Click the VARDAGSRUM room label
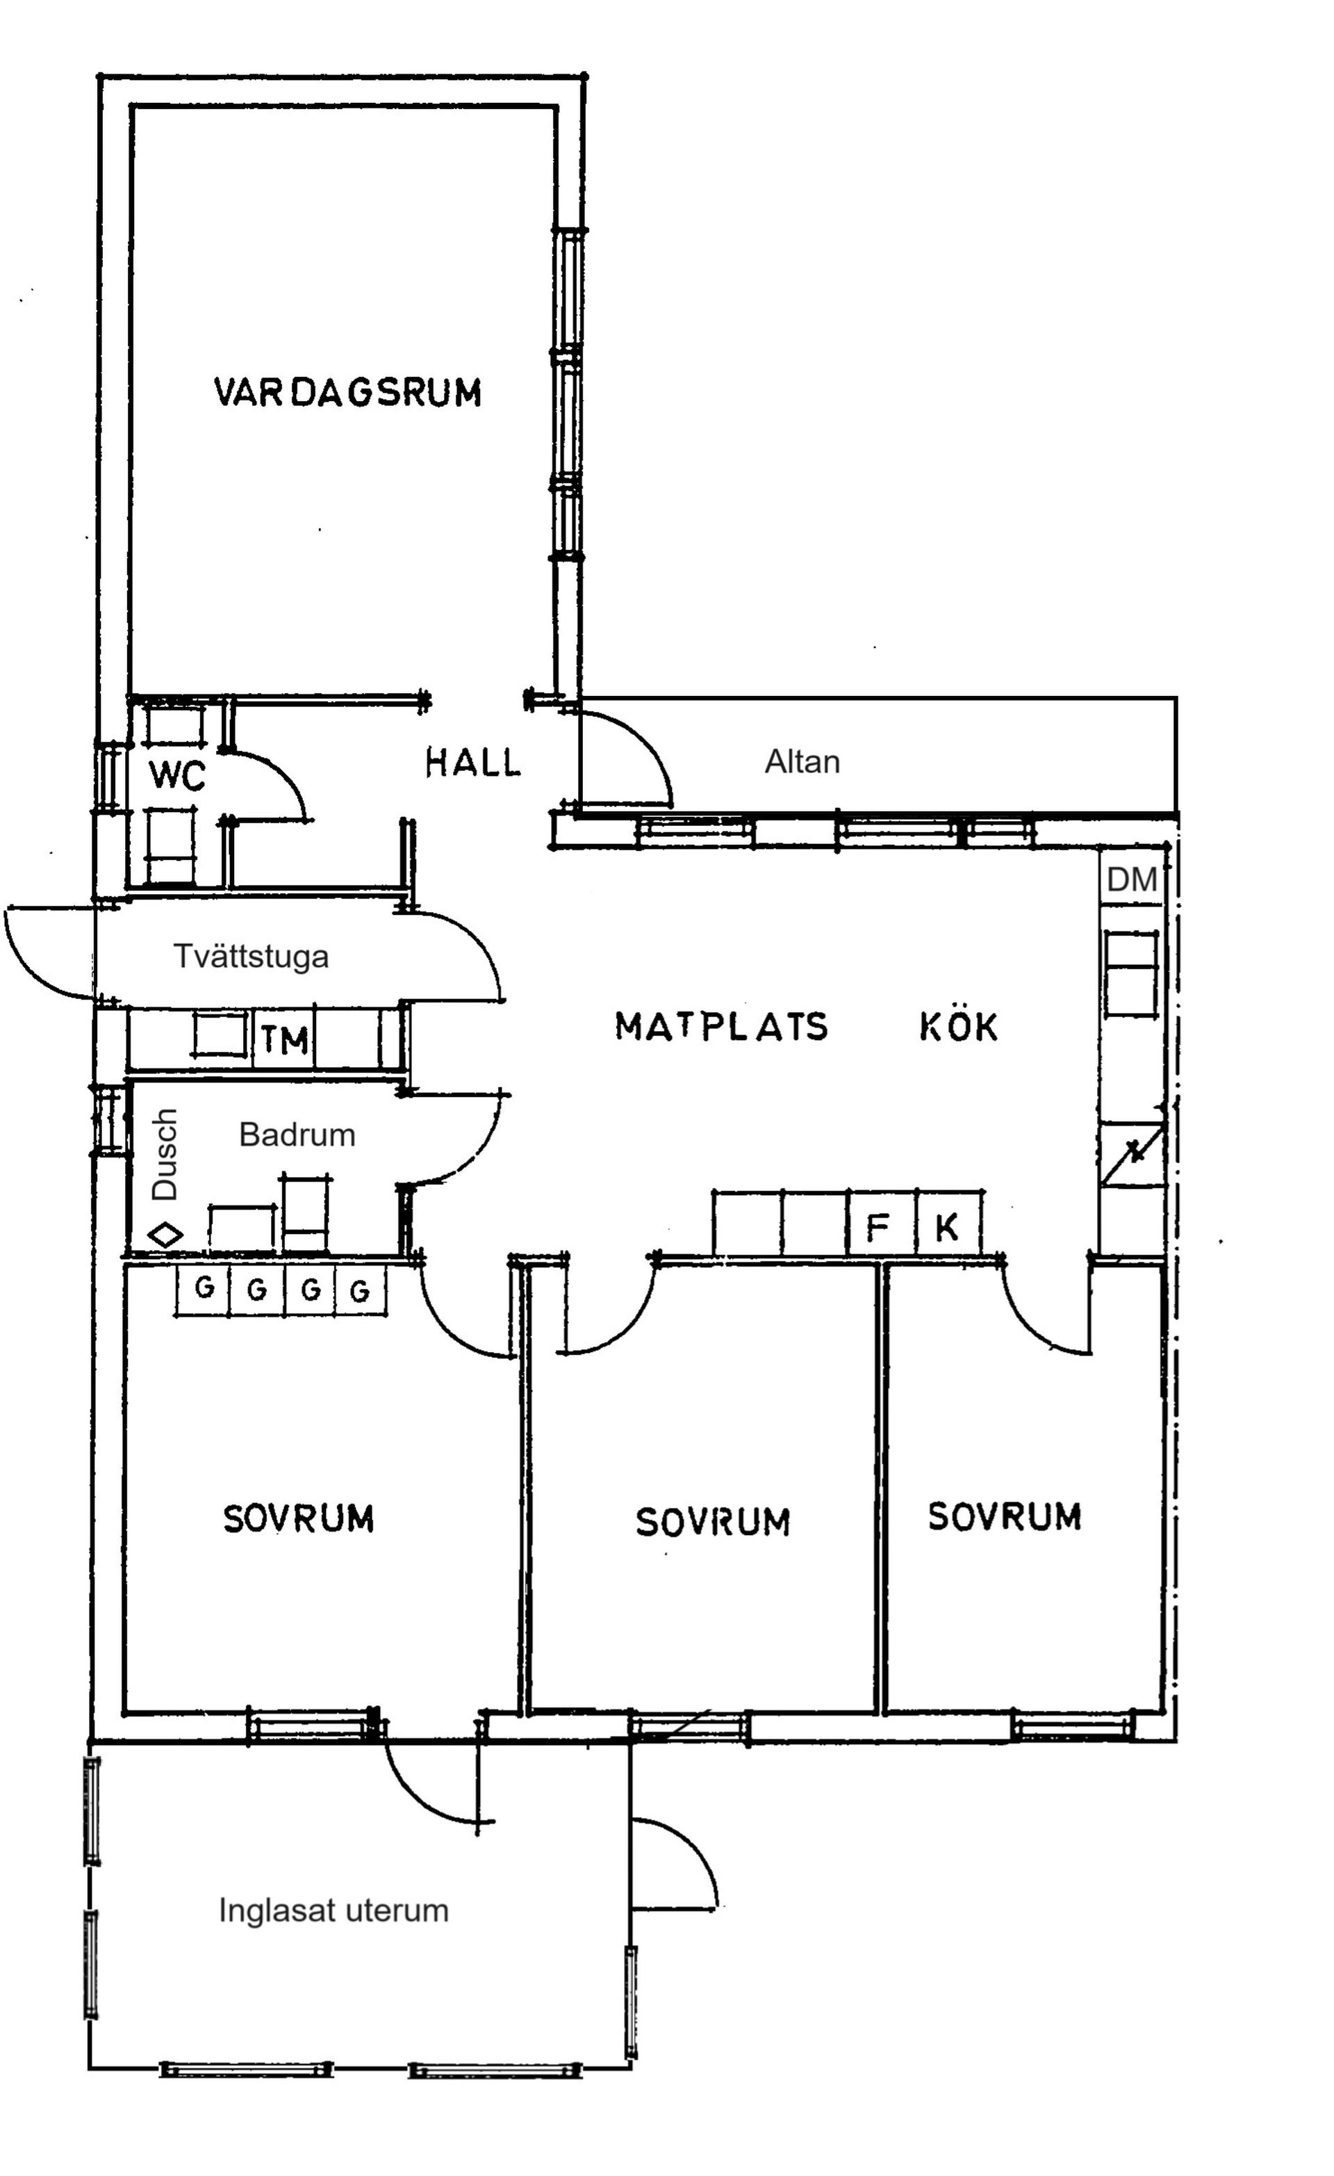pyautogui.click(x=348, y=392)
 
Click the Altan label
pyautogui.click(x=802, y=761)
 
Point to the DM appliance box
pyautogui.click(x=1131, y=879)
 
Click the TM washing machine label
pyautogui.click(x=284, y=1040)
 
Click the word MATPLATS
pyautogui.click(x=721, y=1026)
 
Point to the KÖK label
pyautogui.click(x=959, y=1026)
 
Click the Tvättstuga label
pyautogui.click(x=251, y=957)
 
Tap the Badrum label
pyautogui.click(x=297, y=1135)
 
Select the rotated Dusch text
pyautogui.click(x=165, y=1153)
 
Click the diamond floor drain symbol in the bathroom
pyautogui.click(x=165, y=1235)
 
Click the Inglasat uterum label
pyautogui.click(x=333, y=1910)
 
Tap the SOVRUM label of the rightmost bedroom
pyautogui.click(x=1004, y=1516)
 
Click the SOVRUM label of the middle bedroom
pyautogui.click(x=712, y=1522)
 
